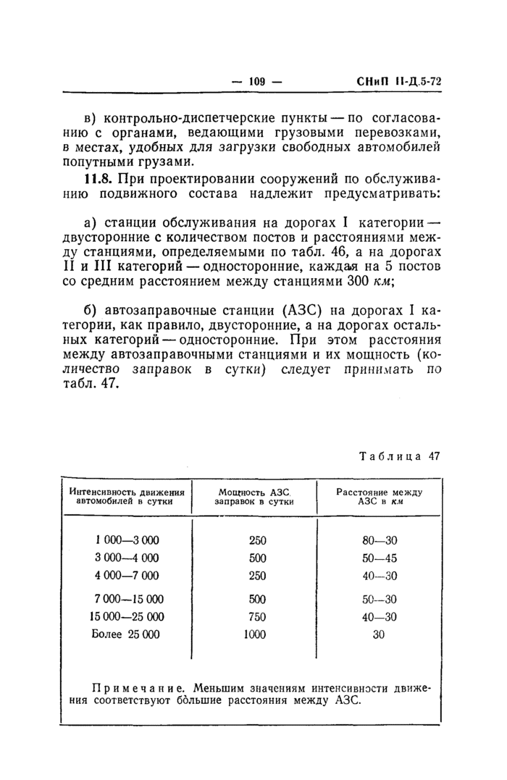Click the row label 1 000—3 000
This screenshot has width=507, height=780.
(x=127, y=540)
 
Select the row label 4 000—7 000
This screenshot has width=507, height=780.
(x=127, y=576)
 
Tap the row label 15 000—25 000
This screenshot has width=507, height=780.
(x=127, y=616)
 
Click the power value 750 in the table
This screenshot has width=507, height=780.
(x=257, y=616)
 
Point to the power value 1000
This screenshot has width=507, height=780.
(x=255, y=634)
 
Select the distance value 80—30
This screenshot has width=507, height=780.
(x=380, y=540)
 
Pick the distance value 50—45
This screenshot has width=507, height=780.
(x=380, y=558)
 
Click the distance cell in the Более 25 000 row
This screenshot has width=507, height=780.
(x=378, y=634)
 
